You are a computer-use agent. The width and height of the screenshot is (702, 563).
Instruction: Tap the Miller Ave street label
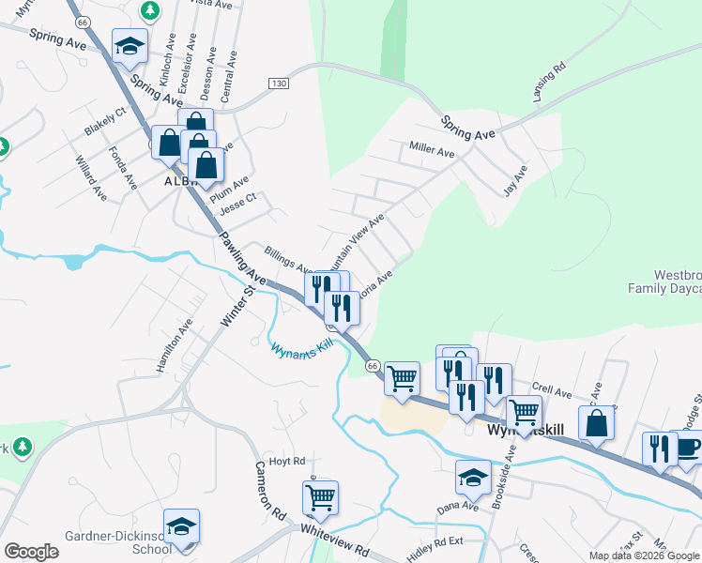(x=432, y=149)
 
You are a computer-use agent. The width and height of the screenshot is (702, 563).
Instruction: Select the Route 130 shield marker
(x=277, y=84)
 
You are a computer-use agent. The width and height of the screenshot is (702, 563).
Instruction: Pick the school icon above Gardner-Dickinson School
(x=181, y=526)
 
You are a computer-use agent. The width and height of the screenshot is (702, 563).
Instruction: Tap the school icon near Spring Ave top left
(x=130, y=46)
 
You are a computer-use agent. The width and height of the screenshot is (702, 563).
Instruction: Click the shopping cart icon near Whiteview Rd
(x=320, y=497)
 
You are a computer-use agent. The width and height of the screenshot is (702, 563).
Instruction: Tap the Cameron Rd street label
(x=267, y=492)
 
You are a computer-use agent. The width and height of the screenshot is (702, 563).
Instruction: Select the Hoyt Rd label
(x=287, y=461)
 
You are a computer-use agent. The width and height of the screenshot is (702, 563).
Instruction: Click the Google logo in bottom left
(x=31, y=551)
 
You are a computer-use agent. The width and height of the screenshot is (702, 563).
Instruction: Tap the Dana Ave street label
(x=457, y=505)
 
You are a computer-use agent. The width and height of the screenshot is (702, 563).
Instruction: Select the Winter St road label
(x=237, y=306)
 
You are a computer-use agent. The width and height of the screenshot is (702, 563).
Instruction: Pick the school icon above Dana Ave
(x=473, y=478)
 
